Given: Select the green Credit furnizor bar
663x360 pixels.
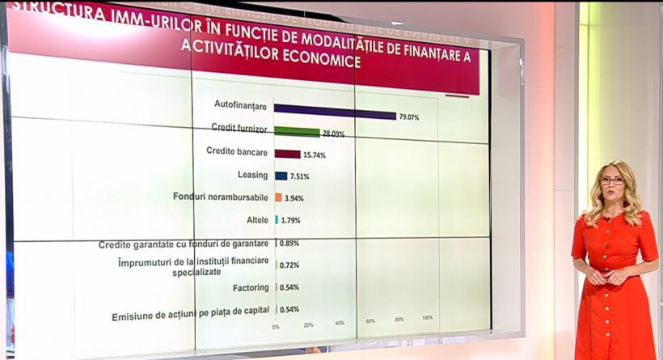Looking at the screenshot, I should tap(297, 131).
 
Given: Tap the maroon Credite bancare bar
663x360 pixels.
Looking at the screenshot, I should tap(287, 154).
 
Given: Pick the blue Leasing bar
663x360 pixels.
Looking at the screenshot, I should tap(281, 176).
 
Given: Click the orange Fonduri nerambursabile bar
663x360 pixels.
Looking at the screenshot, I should tap(278, 197).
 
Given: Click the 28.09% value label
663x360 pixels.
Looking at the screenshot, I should tap(334, 134).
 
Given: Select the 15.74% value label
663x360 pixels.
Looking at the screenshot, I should tap(314, 155).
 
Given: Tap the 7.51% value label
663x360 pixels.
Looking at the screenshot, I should tap(301, 176).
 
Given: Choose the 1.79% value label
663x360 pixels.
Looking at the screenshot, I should tap(292, 220).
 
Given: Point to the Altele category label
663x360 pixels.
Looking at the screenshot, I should tap(258, 220).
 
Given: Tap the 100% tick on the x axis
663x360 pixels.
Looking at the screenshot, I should tap(426, 317).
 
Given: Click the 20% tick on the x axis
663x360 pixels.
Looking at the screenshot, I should tap(308, 324).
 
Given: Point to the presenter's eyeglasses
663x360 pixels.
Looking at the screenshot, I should tap(612, 181).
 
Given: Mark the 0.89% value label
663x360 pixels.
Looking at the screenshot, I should tap(289, 243).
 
